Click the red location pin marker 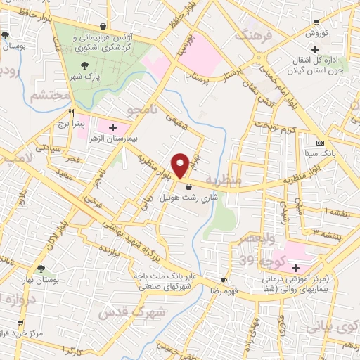[x=181, y=165]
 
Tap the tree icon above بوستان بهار [x=41, y=269]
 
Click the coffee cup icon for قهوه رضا [x=223, y=280]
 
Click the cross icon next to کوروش [x=316, y=50]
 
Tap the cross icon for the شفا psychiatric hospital [x=296, y=267]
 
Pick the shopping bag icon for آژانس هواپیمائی [x=104, y=26]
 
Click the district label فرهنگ [x=252, y=36]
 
